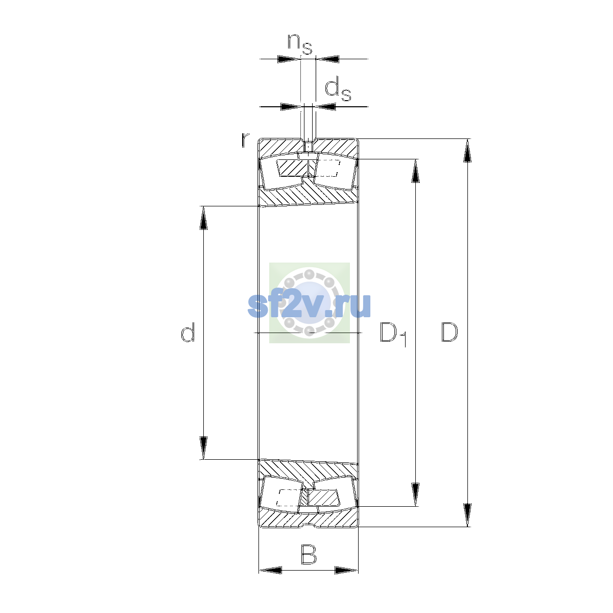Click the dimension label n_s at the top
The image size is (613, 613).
point(300,44)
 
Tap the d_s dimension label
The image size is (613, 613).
point(338,90)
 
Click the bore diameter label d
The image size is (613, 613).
point(187,332)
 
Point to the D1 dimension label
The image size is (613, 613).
point(393,334)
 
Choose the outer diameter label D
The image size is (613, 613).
point(450,333)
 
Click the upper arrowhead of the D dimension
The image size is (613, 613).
point(467,151)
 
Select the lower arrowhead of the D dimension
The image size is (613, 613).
point(467,515)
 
